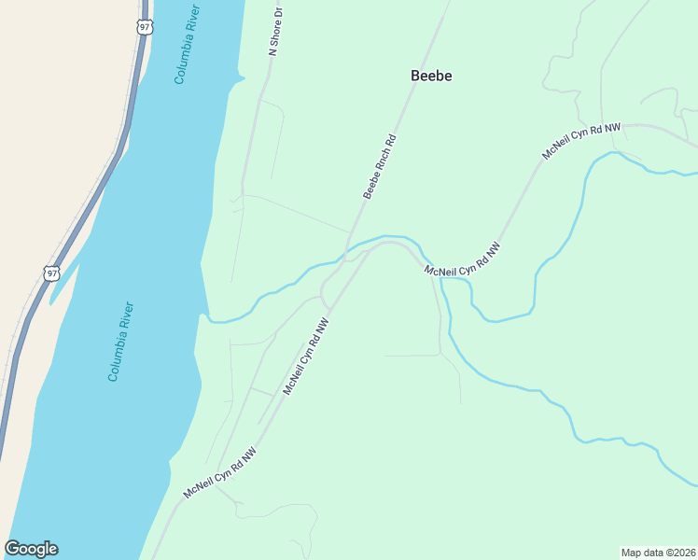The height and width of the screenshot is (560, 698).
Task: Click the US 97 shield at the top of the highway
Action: point(143,27)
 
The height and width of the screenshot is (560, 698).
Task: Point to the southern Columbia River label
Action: point(121,341)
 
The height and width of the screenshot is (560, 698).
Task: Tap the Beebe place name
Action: point(431,77)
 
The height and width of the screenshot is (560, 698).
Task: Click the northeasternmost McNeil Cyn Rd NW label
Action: point(581,141)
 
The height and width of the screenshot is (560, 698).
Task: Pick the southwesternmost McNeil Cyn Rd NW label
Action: point(219,471)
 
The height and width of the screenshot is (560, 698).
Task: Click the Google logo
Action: point(31,549)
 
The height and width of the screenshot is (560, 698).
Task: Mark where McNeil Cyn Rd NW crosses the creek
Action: point(423,254)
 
